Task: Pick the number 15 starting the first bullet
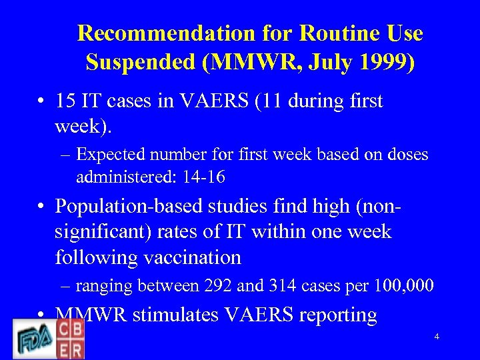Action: [65, 101]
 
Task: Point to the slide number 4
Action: [437, 337]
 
